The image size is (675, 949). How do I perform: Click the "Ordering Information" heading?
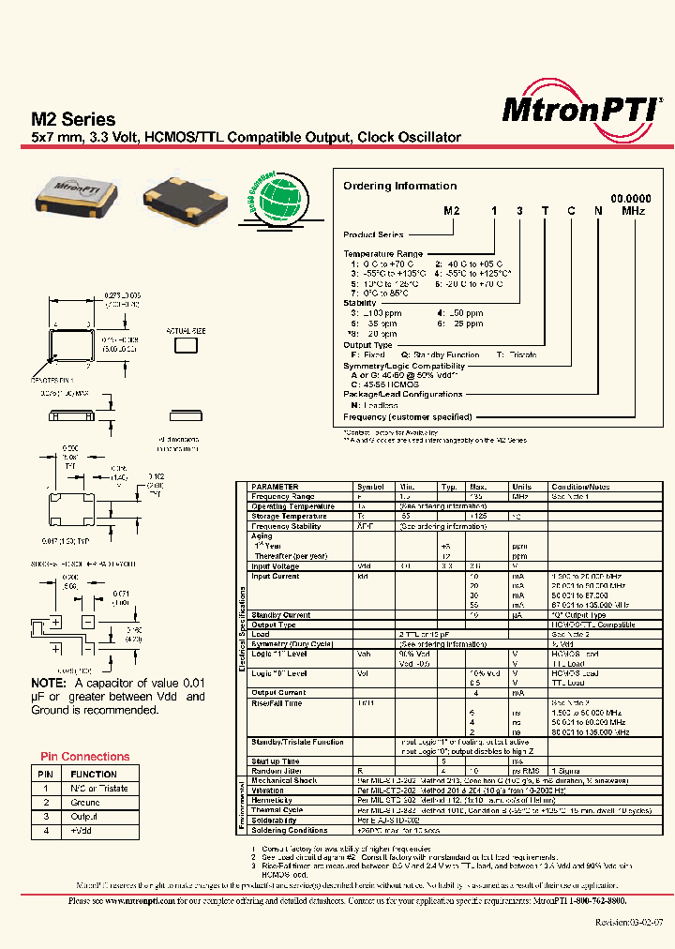click(399, 186)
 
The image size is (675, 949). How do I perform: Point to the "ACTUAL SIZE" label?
click(185, 331)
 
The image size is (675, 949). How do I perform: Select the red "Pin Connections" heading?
click(84, 757)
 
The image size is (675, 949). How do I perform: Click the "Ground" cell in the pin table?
click(86, 803)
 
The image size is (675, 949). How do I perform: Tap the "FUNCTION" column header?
click(94, 775)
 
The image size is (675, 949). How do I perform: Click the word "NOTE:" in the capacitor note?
click(48, 684)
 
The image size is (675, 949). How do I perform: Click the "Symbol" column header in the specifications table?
click(370, 488)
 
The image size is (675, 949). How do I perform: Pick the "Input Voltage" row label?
click(276, 566)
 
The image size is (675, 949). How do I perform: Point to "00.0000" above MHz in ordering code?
click(631, 200)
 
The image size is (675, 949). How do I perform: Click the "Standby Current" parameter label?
click(283, 615)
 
